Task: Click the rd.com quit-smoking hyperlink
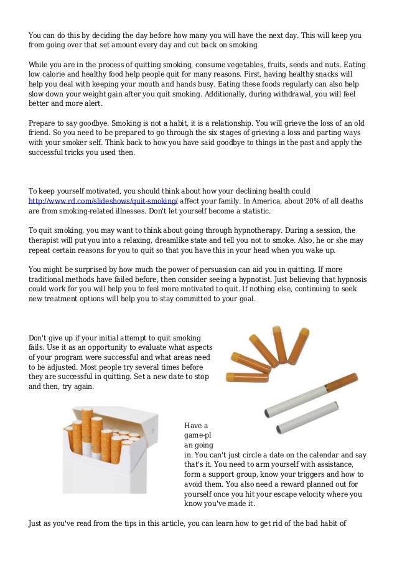103,201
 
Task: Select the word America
249,201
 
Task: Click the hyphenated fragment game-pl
197,436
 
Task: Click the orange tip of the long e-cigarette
350,378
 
